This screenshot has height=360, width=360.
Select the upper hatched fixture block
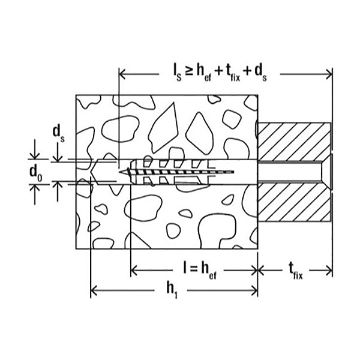[x=294, y=141]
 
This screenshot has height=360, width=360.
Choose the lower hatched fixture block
[x=294, y=201]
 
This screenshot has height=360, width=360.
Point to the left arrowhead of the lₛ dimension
[x=123, y=74]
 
